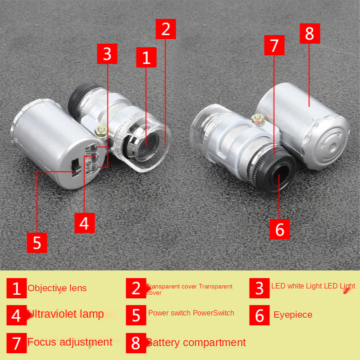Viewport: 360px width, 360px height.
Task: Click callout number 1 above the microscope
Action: (146, 58)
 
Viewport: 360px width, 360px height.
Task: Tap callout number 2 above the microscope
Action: (165, 29)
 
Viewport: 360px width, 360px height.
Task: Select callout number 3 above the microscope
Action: (107, 54)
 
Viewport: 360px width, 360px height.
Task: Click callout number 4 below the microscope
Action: (85, 223)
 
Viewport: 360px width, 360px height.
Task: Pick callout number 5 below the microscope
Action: (37, 243)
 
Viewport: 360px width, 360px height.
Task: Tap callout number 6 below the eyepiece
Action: (279, 229)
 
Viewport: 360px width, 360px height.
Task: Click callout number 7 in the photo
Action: (274, 45)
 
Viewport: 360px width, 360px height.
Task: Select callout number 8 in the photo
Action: (310, 33)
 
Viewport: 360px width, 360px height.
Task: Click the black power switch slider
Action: (76, 168)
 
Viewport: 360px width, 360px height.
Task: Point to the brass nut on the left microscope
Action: (100, 131)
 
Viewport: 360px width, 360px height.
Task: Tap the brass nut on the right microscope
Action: (258, 119)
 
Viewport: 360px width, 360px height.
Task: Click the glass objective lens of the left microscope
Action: (146, 146)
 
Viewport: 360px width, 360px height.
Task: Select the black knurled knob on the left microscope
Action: (79, 100)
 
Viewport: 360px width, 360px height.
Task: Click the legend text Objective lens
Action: (57, 288)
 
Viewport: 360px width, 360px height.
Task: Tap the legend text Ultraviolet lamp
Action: (66, 314)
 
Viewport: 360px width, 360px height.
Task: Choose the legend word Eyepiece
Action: (293, 315)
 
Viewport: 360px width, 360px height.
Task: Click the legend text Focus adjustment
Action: (70, 342)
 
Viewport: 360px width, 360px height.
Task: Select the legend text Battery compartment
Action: (196, 342)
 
